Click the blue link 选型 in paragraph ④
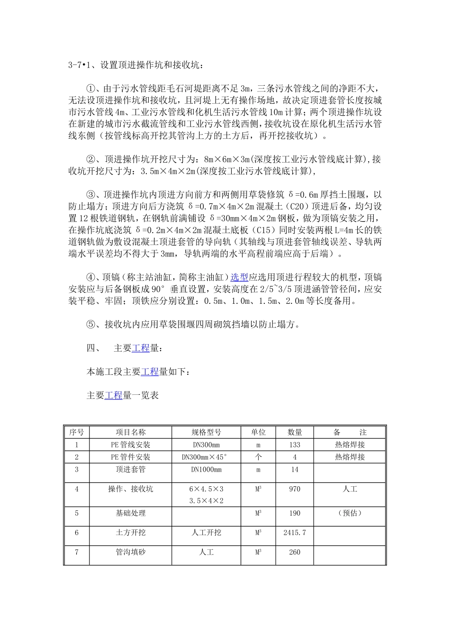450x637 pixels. click(x=239, y=277)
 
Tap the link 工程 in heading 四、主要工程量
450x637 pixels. click(x=141, y=348)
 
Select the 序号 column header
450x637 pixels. click(x=76, y=432)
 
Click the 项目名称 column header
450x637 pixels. click(x=131, y=432)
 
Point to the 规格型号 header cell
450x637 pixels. click(x=206, y=432)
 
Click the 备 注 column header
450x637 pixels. click(x=350, y=432)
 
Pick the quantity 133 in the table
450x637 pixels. click(x=295, y=445)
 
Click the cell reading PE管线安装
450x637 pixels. click(x=131, y=445)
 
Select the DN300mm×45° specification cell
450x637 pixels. click(x=206, y=457)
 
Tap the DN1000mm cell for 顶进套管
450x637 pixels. click(x=206, y=469)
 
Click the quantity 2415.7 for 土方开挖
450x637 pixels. click(x=295, y=532)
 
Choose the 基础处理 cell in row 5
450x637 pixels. click(x=131, y=513)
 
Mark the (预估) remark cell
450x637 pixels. click(x=350, y=513)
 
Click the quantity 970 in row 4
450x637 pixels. click(x=295, y=489)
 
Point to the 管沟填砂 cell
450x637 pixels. click(x=131, y=552)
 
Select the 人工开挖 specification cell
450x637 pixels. click(x=206, y=532)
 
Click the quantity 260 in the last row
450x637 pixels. click(x=295, y=552)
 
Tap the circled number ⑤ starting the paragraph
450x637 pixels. click(x=91, y=325)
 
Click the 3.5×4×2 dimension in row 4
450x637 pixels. click(x=206, y=500)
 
